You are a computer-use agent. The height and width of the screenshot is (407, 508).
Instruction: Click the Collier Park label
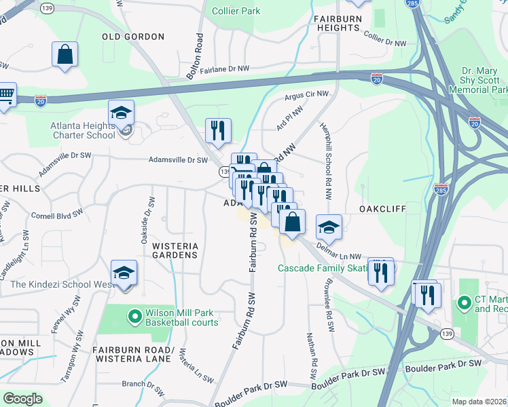(236, 11)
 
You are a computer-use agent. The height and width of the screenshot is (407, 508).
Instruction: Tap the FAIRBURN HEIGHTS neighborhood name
(336, 23)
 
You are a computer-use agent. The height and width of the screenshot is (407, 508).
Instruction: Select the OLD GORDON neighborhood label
(133, 37)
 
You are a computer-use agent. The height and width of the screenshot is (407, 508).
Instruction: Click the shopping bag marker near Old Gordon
(65, 56)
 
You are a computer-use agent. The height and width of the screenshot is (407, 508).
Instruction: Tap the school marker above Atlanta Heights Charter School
(121, 113)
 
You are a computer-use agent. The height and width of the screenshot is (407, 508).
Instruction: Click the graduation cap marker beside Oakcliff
(329, 227)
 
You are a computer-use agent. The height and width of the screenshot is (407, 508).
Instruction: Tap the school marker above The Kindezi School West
(124, 273)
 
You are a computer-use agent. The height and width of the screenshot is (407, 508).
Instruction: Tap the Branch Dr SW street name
(143, 384)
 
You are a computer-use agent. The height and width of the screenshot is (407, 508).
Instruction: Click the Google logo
(22, 399)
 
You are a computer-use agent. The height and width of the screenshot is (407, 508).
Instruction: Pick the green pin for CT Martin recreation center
(465, 302)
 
